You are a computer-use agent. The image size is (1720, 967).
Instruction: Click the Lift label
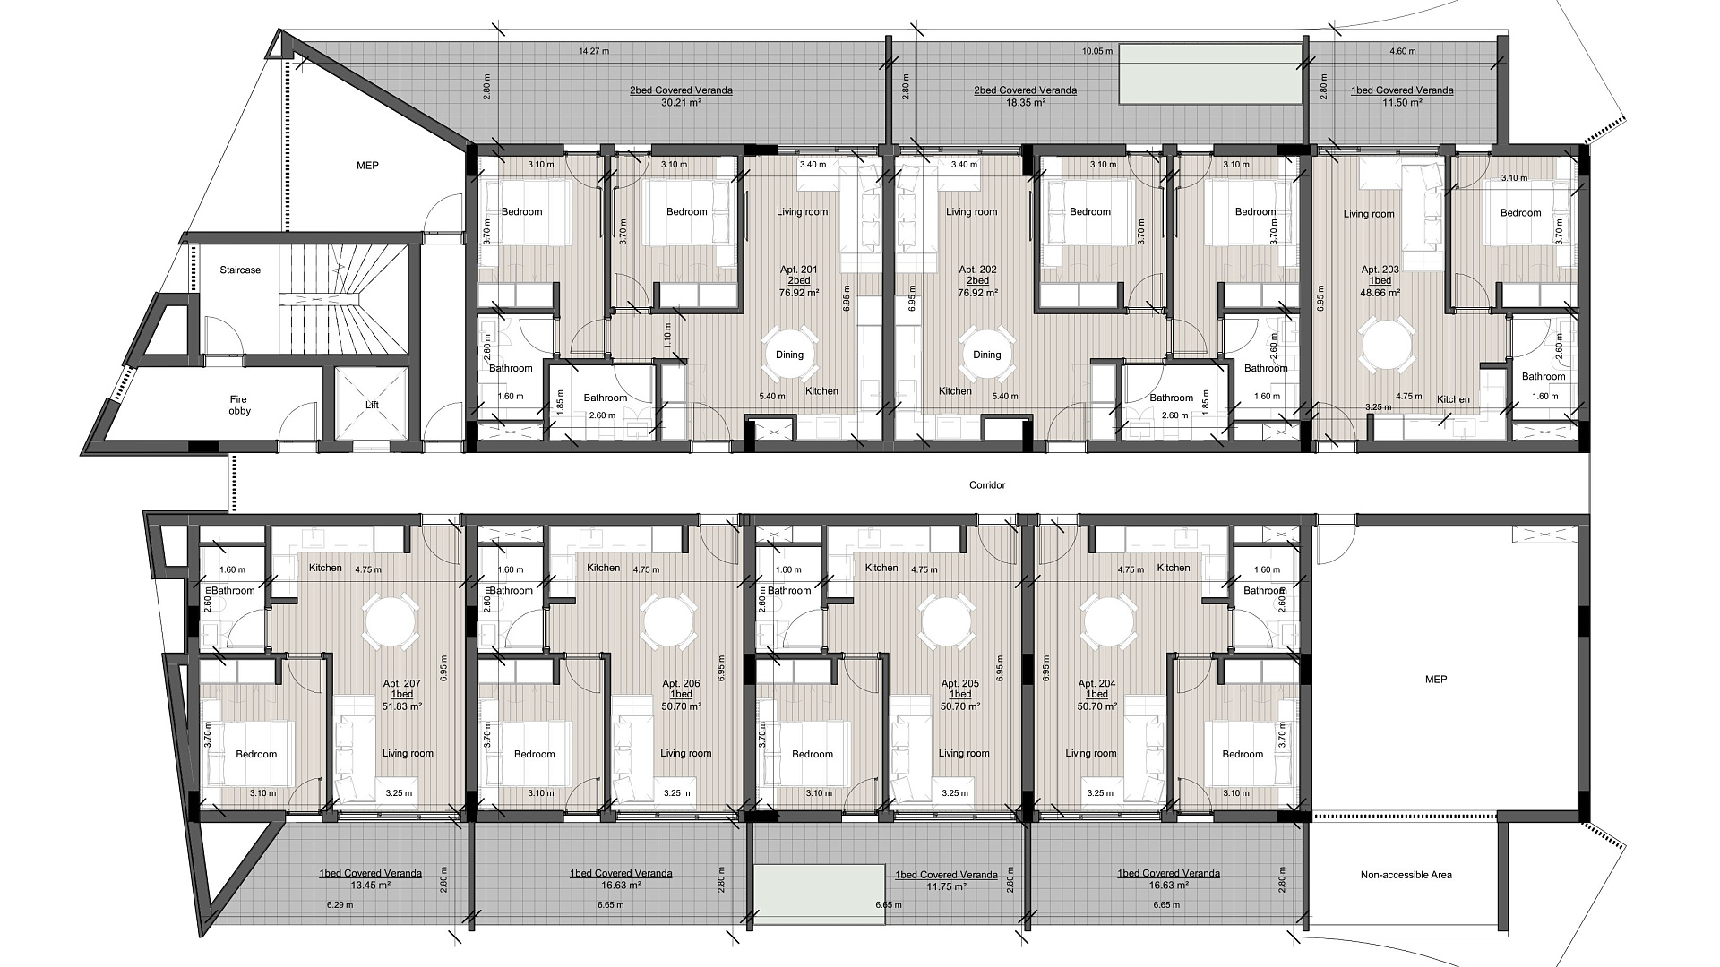[x=372, y=405]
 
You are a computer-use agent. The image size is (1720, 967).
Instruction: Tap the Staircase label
[x=240, y=270]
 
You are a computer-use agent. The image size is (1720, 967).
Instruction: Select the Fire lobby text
[x=238, y=405]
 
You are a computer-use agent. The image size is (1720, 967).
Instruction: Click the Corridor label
[x=987, y=485]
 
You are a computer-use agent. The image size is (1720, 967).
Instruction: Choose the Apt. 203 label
[x=1380, y=270]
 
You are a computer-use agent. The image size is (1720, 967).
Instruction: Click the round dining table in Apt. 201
[x=789, y=355]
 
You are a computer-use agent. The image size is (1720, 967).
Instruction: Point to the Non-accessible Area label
[x=1406, y=875]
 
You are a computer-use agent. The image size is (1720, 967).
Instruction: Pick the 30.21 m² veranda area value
[x=681, y=103]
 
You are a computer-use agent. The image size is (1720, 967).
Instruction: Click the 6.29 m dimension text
[x=339, y=905]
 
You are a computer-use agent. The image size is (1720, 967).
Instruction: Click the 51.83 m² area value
[x=402, y=706]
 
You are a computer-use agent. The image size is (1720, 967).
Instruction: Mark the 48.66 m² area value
[x=1380, y=292]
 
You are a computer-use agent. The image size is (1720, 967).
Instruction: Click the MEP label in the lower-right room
[x=1436, y=680]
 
